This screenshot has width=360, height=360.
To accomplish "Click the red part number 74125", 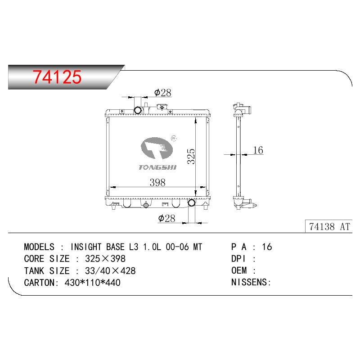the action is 57,77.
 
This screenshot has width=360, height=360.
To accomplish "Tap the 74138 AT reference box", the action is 328,226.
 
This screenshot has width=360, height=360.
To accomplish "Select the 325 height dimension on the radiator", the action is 191,156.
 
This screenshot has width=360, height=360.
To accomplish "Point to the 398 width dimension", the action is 157,183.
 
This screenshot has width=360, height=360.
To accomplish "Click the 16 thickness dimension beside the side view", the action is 258,150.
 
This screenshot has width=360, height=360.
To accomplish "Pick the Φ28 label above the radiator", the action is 163,93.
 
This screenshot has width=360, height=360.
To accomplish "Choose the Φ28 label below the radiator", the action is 166,218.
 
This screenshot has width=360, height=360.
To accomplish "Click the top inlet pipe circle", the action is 138,110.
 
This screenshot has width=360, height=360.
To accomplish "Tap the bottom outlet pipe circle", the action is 192,202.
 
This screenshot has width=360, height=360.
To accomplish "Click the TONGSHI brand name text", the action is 157,167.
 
